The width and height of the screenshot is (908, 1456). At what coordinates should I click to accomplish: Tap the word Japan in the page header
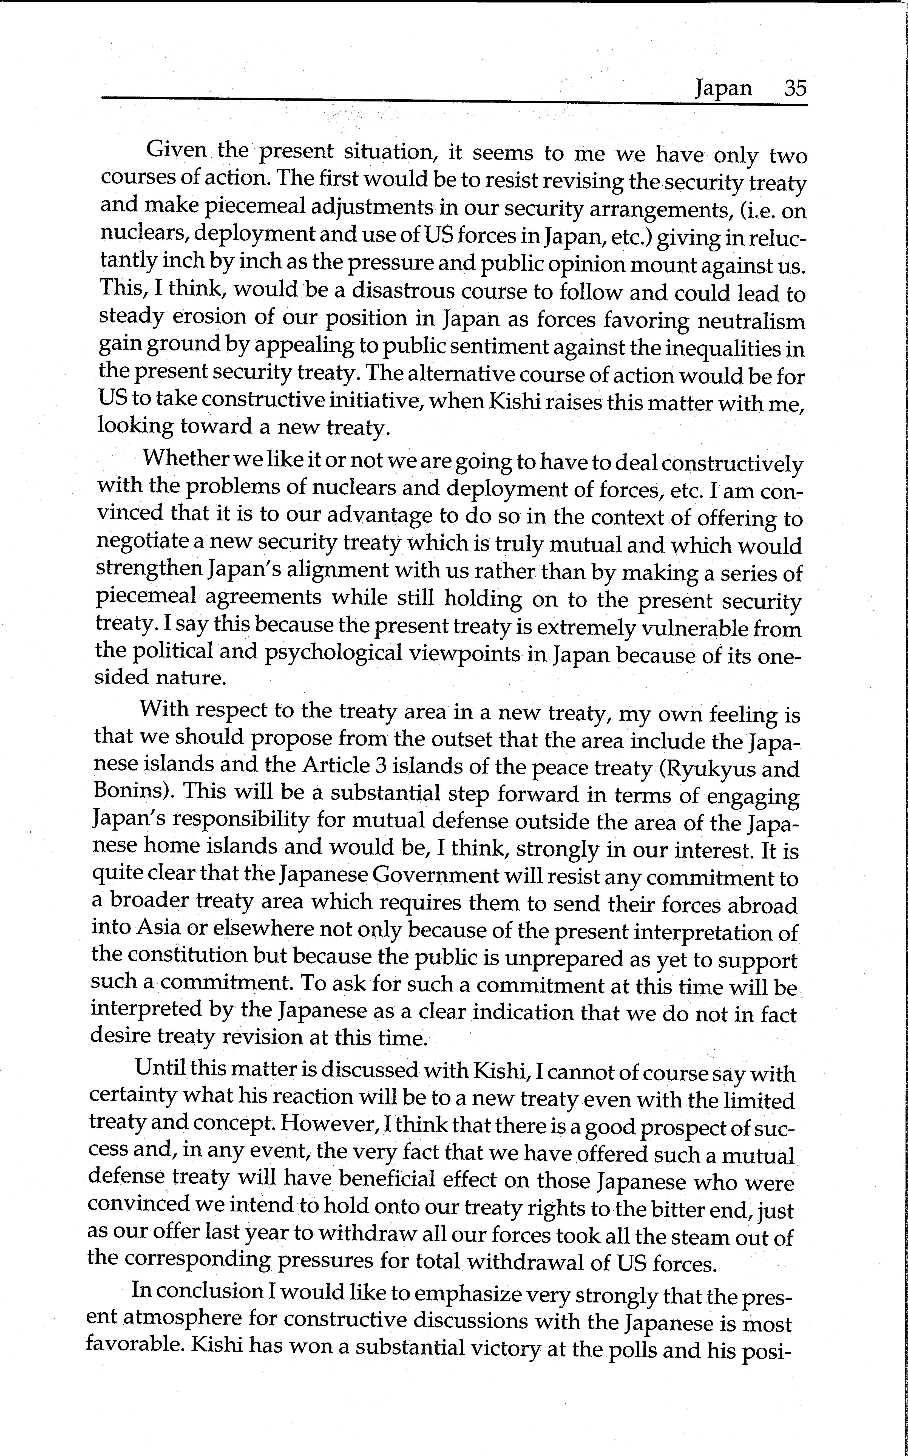click(x=723, y=89)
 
